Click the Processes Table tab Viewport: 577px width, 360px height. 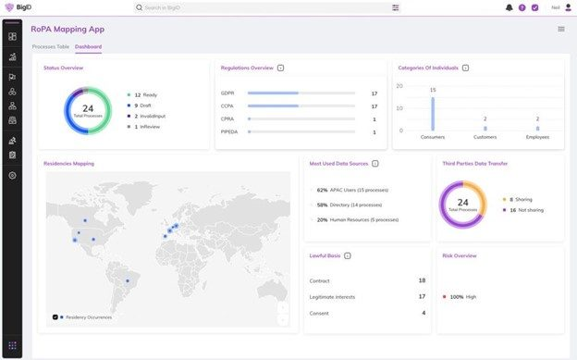pos(50,46)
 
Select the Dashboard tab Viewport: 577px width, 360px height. pos(89,46)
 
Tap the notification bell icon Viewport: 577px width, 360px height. pos(509,7)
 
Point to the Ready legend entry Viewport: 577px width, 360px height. pos(146,95)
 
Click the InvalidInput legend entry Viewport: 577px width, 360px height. pos(151,116)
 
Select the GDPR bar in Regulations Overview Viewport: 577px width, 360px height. pos(273,93)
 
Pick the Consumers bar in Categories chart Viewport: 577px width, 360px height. pos(432,114)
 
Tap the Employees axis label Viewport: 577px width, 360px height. pos(536,136)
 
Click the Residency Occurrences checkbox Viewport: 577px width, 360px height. pos(55,317)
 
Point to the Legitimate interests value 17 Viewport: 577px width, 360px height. pos(422,297)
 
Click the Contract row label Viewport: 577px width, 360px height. pos(320,280)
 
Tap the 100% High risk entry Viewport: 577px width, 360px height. pos(460,297)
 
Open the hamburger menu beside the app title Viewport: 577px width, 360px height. pos(560,29)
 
